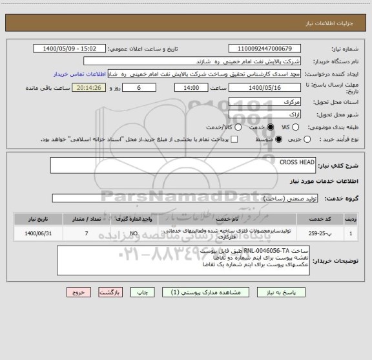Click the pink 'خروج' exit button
pyautogui.click(x=78, y=292)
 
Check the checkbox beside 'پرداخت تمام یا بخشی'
pyautogui.click(x=234, y=139)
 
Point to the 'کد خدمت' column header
pyautogui.click(x=326, y=219)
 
